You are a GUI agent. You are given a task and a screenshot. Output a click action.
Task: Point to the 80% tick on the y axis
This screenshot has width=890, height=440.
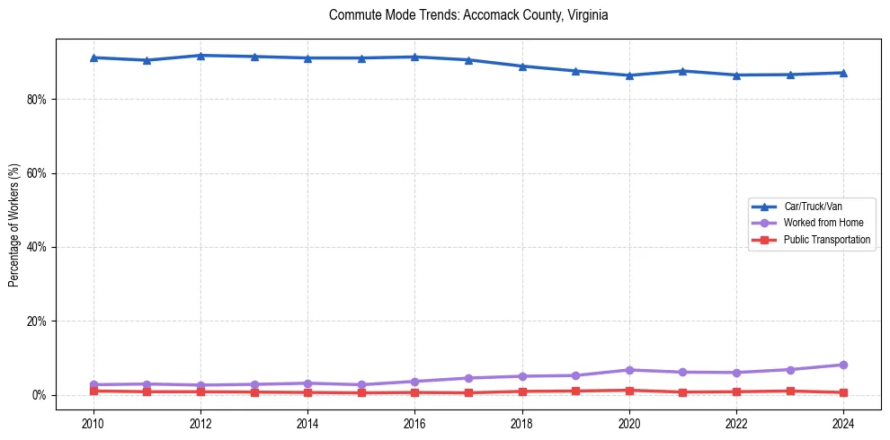pyautogui.click(x=36, y=99)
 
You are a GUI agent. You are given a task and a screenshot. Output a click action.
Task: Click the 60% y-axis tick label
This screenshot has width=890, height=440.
pyautogui.click(x=36, y=173)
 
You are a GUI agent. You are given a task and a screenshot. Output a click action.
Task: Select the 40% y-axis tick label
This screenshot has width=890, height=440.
pyautogui.click(x=36, y=247)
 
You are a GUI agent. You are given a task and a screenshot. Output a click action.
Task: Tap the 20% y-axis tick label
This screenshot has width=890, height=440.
pyautogui.click(x=36, y=321)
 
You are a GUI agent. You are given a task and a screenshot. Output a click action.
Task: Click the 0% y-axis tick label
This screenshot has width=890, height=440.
pyautogui.click(x=39, y=395)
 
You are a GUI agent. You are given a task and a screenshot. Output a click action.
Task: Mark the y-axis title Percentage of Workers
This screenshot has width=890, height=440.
pyautogui.click(x=14, y=225)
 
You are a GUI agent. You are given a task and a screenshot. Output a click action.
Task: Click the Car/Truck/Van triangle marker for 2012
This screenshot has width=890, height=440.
pyautogui.click(x=200, y=56)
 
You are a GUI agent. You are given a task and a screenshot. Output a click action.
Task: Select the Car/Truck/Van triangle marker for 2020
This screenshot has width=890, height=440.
pyautogui.click(x=629, y=75)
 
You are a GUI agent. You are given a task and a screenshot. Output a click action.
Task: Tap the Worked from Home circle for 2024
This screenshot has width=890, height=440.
pyautogui.click(x=843, y=365)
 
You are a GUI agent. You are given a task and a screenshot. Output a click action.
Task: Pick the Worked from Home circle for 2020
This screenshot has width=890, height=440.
pyautogui.click(x=629, y=370)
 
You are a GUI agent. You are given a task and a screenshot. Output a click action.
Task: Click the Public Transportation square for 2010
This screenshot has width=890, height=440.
pyautogui.click(x=93, y=391)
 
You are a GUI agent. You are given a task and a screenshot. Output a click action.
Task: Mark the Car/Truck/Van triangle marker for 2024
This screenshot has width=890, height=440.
pyautogui.click(x=843, y=73)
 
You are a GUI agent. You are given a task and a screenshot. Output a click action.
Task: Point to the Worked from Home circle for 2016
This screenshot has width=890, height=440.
pyautogui.click(x=414, y=382)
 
